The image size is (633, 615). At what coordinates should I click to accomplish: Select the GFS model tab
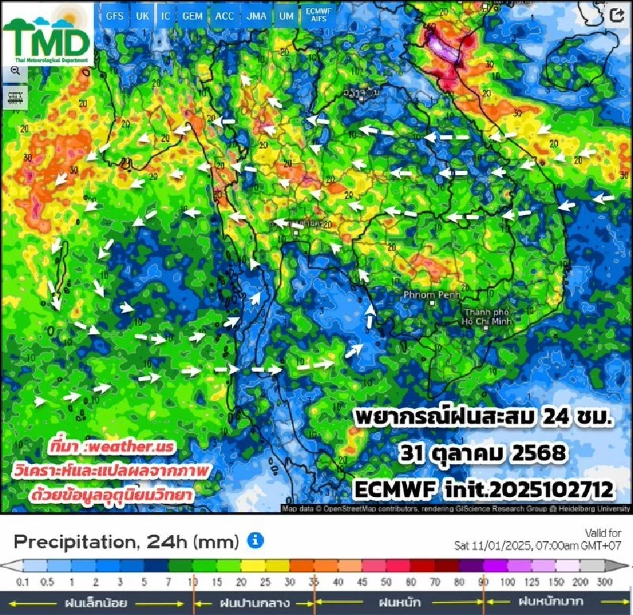click(115, 16)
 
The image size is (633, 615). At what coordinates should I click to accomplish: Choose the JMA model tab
click(256, 16)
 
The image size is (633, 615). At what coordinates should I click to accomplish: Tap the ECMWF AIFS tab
click(320, 16)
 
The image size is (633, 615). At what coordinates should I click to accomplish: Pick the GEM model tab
click(192, 16)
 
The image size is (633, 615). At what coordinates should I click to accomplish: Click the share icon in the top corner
click(617, 16)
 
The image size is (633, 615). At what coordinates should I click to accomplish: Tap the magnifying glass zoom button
click(15, 71)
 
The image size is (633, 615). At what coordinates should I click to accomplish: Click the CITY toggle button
click(15, 97)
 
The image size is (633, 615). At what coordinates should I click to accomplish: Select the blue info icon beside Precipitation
click(255, 541)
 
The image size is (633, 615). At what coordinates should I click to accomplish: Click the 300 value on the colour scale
click(605, 582)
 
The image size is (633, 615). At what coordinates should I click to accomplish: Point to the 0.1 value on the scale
click(24, 582)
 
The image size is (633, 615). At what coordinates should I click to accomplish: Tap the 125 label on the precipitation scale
click(531, 582)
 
